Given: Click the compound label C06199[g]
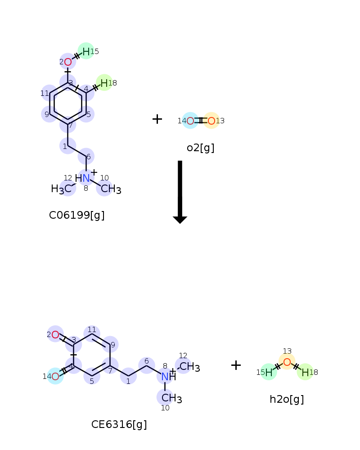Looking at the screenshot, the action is pos(76,215).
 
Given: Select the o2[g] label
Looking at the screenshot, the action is pos(200,148).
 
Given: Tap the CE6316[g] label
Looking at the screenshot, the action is pos(119,424).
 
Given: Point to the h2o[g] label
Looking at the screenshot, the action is pos(287,399).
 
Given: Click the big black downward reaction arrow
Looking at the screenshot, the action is pos(180,192).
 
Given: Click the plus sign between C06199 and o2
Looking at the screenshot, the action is pos(157,119).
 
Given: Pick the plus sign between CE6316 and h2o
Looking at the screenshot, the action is pos(236,365).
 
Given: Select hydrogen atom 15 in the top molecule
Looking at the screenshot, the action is pos(86,52).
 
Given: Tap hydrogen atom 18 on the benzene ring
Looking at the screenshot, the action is pos(104,83).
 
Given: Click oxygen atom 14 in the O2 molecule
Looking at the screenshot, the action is pos(190,121).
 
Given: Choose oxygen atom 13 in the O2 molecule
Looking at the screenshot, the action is pos(211,121).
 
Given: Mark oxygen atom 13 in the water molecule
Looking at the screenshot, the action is pos(287,362).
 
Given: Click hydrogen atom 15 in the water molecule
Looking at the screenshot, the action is pos(269,373).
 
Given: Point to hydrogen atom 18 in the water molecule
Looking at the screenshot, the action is pos(305,373).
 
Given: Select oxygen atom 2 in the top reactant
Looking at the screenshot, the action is pos(68,62).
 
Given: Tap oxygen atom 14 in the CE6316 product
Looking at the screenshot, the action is pos(55,376).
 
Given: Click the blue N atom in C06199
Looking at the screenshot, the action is pos(86,178).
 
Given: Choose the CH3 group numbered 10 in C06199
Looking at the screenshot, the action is pos(111,189).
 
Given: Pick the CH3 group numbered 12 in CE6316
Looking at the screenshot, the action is pos(189,367).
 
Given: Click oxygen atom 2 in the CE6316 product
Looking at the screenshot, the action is pos(55,335).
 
